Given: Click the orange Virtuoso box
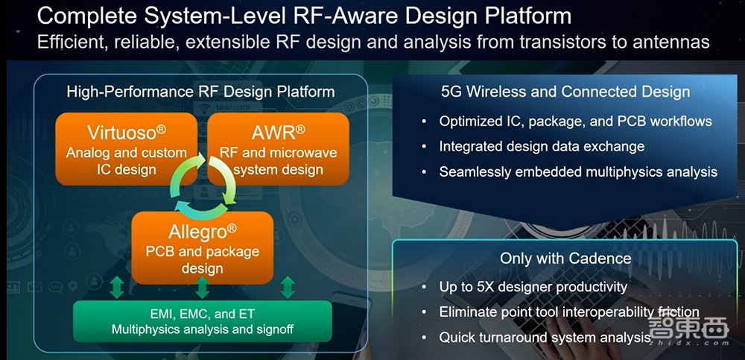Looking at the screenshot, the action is pos(127,149).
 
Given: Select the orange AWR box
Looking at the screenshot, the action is pos(278,149).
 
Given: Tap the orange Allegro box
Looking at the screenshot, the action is pos(203,247).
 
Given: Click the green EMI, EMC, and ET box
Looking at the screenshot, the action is pos(203,321).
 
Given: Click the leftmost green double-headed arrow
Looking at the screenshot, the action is pos(116,288).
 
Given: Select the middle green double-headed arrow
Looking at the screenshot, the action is pos(203,288).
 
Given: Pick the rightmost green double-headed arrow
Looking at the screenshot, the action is pos(288,288).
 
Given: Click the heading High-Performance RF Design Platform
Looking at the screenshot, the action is pos(200,92).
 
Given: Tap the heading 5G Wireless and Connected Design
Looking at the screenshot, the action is pos(565,92).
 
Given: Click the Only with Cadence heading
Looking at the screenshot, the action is pos(565,259).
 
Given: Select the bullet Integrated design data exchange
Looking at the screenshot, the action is pos(542,147).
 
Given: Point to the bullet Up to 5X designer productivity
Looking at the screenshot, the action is pos(533,287).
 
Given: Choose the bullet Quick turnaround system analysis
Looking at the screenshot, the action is pos(545,338).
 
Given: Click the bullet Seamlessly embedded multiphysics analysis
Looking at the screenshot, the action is pos(578,171).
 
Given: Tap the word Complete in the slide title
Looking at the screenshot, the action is pos(88,16).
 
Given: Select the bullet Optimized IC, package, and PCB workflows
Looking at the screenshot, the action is pos(575,121).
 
